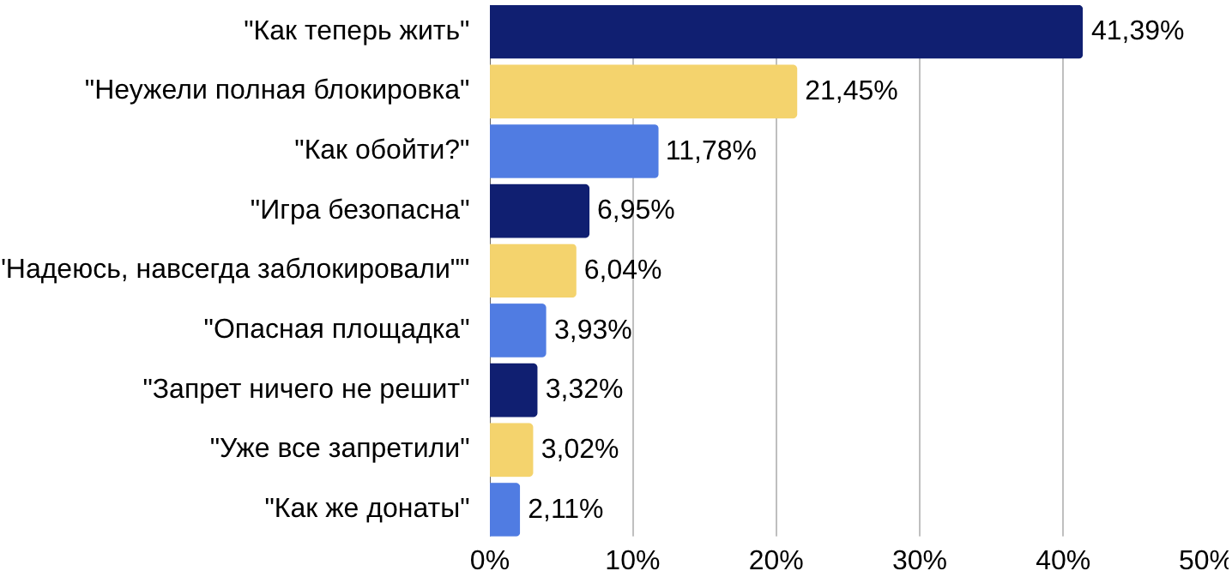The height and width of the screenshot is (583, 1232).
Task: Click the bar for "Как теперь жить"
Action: tap(786, 32)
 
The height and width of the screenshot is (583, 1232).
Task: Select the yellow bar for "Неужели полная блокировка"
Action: tap(643, 91)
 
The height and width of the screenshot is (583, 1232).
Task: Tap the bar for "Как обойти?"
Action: tap(574, 151)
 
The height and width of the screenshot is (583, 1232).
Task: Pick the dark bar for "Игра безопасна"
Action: tap(540, 211)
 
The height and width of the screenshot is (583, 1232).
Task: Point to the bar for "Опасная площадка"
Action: tap(518, 330)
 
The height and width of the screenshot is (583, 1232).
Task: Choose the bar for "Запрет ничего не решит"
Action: tap(514, 390)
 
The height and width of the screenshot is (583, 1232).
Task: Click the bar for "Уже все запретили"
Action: tap(511, 449)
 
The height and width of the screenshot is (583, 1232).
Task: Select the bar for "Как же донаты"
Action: tap(505, 509)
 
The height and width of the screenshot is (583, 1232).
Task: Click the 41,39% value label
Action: tap(1137, 32)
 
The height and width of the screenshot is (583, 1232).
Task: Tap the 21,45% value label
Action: tap(851, 91)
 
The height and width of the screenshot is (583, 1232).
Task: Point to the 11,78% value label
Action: tap(711, 151)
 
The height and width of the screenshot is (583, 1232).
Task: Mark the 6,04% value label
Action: tap(623, 270)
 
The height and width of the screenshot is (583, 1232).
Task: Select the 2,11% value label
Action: tap(565, 509)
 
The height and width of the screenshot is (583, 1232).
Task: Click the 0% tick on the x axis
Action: tap(490, 562)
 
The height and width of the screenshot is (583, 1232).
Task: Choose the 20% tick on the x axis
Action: tap(776, 562)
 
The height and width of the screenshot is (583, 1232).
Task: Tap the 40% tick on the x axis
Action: tap(1063, 562)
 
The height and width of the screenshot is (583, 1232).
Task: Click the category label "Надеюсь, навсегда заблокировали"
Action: tap(235, 270)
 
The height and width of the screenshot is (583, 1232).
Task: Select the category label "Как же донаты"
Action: tap(368, 509)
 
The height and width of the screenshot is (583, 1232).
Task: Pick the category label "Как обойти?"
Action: tap(383, 151)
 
